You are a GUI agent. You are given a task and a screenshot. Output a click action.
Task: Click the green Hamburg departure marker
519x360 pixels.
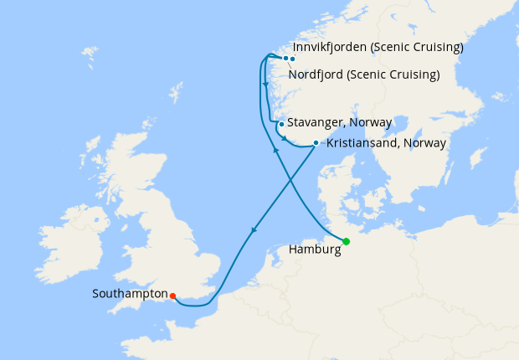[x=346, y=242]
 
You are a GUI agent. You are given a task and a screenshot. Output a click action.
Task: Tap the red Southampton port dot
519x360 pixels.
[x=172, y=296]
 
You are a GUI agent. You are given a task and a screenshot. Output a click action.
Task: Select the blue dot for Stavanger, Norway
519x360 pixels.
[x=281, y=125]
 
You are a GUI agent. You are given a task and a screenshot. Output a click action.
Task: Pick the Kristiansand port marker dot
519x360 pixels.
[x=316, y=142]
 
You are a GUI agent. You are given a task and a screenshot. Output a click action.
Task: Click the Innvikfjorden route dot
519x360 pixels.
[x=293, y=59]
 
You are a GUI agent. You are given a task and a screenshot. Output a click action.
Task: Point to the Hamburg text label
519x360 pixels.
[x=314, y=249]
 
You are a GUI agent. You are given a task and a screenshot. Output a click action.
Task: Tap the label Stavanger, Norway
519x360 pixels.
[x=340, y=122]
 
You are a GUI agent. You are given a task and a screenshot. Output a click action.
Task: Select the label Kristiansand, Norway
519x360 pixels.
[x=386, y=143]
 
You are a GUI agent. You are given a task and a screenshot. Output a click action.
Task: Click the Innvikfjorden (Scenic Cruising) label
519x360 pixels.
[x=378, y=48]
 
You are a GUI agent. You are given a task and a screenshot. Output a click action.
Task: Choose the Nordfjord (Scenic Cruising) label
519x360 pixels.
[x=364, y=75]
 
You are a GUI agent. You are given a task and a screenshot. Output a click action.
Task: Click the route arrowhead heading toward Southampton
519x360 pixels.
[x=254, y=230]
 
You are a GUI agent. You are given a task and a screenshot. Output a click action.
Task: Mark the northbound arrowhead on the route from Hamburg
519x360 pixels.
[x=275, y=149]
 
